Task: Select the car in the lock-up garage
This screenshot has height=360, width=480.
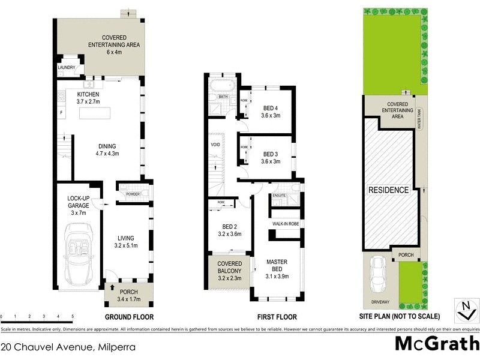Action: (79, 254)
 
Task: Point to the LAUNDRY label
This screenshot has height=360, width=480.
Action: (66, 68)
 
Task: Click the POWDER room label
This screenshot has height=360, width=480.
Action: (133, 194)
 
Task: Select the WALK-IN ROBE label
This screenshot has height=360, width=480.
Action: (286, 224)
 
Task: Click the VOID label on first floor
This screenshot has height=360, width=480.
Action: (215, 145)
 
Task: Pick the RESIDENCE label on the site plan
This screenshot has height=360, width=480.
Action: (388, 190)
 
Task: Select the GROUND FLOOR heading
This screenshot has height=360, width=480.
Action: (129, 317)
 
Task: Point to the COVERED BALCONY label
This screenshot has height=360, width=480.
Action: (230, 268)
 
